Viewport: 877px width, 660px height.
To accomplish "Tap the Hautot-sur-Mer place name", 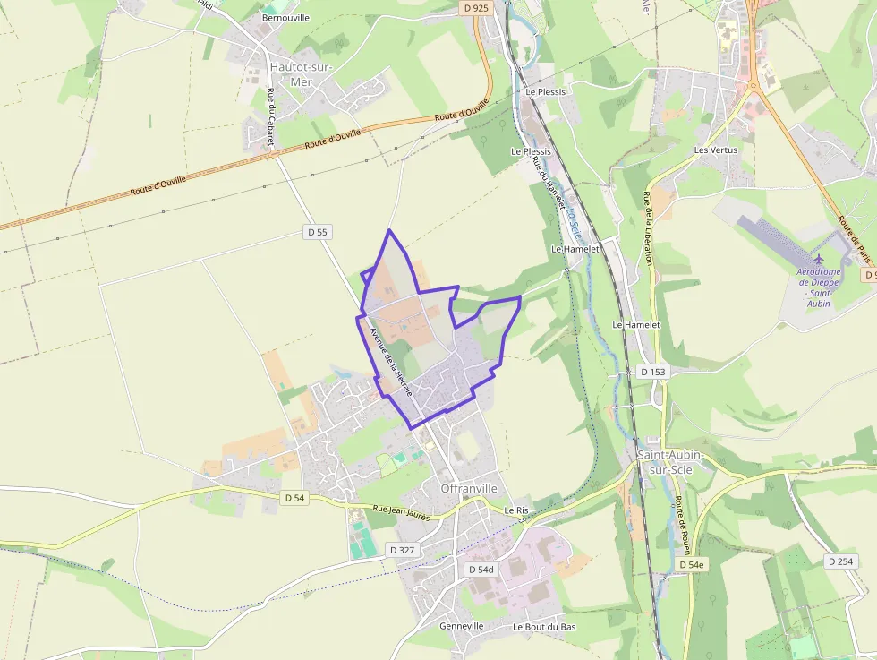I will coord(301,74).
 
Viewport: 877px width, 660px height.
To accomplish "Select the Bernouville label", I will coord(285,17).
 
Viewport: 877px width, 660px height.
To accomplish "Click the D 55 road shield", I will coord(318,232).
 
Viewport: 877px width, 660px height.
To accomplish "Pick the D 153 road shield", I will coord(654,372).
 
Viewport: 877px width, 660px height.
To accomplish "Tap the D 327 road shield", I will coord(402,549).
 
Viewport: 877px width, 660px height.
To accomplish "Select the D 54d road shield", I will coord(481,570).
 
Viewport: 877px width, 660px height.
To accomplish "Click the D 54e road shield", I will coord(692,565).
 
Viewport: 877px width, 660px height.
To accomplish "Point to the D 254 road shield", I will coord(841,561).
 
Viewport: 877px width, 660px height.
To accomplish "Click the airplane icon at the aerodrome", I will coord(817,259).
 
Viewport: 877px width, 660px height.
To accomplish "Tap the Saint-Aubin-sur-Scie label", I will coord(669,462).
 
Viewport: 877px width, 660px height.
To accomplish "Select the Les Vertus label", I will coord(716,150).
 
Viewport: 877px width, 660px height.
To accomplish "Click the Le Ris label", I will coord(516,510).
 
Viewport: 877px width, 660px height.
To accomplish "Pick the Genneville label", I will coord(462,626).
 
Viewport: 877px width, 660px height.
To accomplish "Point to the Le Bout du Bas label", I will coord(544,627).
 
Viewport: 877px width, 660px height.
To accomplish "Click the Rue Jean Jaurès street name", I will coord(401,513).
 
